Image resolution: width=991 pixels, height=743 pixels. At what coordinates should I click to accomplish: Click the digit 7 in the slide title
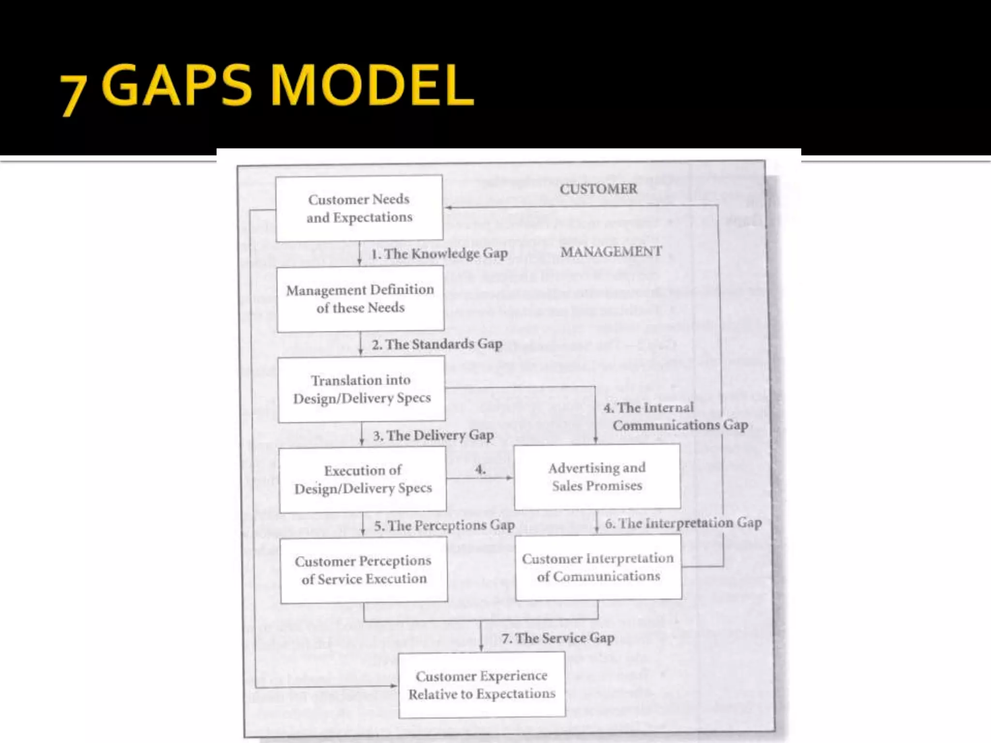coord(74,95)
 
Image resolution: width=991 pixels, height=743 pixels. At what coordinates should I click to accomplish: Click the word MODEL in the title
coord(372,86)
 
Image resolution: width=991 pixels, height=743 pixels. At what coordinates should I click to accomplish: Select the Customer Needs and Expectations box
coord(359,208)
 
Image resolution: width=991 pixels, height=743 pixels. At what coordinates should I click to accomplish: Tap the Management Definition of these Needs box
coord(360,298)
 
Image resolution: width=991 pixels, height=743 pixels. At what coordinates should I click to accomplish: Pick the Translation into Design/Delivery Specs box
coord(361,389)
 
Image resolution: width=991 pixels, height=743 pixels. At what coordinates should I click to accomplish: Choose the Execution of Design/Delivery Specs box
coord(363,479)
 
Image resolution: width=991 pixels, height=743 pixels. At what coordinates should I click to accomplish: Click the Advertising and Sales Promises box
coord(597,476)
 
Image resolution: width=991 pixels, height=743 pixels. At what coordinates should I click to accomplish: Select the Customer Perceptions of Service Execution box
coord(363,570)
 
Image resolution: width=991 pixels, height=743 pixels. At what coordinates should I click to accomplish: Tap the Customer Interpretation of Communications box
coord(598,567)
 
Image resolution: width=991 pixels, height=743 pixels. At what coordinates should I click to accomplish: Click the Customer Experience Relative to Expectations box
coord(482,684)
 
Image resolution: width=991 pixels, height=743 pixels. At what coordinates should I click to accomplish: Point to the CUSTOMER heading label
coord(599,189)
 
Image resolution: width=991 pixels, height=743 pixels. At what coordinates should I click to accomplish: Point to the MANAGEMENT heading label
coord(611,252)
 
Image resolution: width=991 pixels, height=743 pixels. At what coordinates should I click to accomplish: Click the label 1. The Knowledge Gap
coord(439,253)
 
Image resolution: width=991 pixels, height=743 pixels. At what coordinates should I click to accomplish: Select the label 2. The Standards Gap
coord(437,344)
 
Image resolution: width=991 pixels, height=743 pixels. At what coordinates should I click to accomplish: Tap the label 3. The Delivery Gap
coord(433,435)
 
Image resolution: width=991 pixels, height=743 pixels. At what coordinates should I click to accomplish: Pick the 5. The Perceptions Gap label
coord(444,525)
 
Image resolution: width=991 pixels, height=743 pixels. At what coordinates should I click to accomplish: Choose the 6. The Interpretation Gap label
coord(683,523)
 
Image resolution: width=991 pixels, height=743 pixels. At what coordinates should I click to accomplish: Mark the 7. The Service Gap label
coord(558,638)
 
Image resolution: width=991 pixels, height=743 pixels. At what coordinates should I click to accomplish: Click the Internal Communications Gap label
coord(676,416)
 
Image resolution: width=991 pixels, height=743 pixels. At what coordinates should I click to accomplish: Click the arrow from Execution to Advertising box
coord(479,478)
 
